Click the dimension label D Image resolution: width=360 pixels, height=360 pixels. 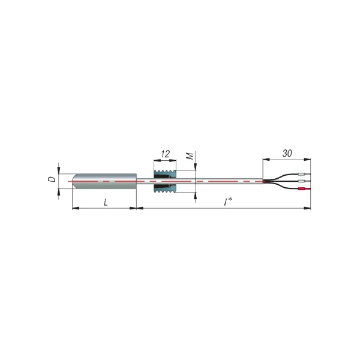[x=53, y=179]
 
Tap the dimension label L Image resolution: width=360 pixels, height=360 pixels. [x=106, y=202]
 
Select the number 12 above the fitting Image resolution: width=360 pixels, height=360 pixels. [x=165, y=154]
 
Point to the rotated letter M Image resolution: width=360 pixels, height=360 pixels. [x=190, y=156]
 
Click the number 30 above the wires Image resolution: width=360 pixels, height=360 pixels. [x=287, y=154]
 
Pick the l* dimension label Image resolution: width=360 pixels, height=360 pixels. [x=228, y=202]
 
